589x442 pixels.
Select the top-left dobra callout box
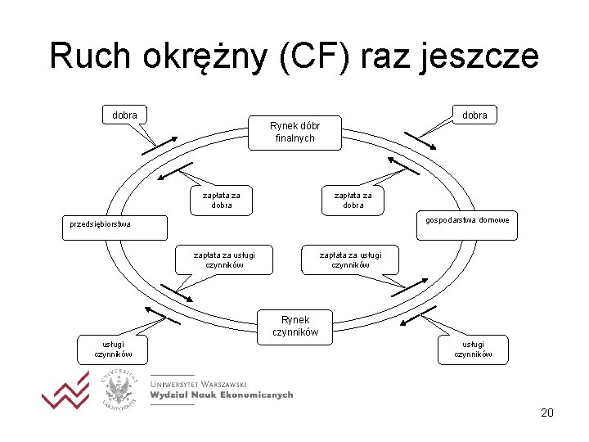[x=124, y=115]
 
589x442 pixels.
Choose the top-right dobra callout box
[x=474, y=115]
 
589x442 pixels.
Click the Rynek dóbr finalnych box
[x=294, y=132]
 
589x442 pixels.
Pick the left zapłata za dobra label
[x=221, y=200]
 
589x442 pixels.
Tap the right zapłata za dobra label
[x=353, y=200]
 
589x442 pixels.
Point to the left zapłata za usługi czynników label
[x=224, y=259]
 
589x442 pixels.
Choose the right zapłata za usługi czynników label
[x=350, y=259]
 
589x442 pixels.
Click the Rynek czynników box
[x=294, y=325]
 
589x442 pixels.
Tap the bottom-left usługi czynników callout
[x=112, y=349]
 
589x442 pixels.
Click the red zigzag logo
[x=65, y=390]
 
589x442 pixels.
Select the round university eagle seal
[x=120, y=388]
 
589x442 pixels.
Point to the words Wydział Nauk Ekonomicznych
[x=221, y=395]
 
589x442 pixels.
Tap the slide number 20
[x=547, y=413]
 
